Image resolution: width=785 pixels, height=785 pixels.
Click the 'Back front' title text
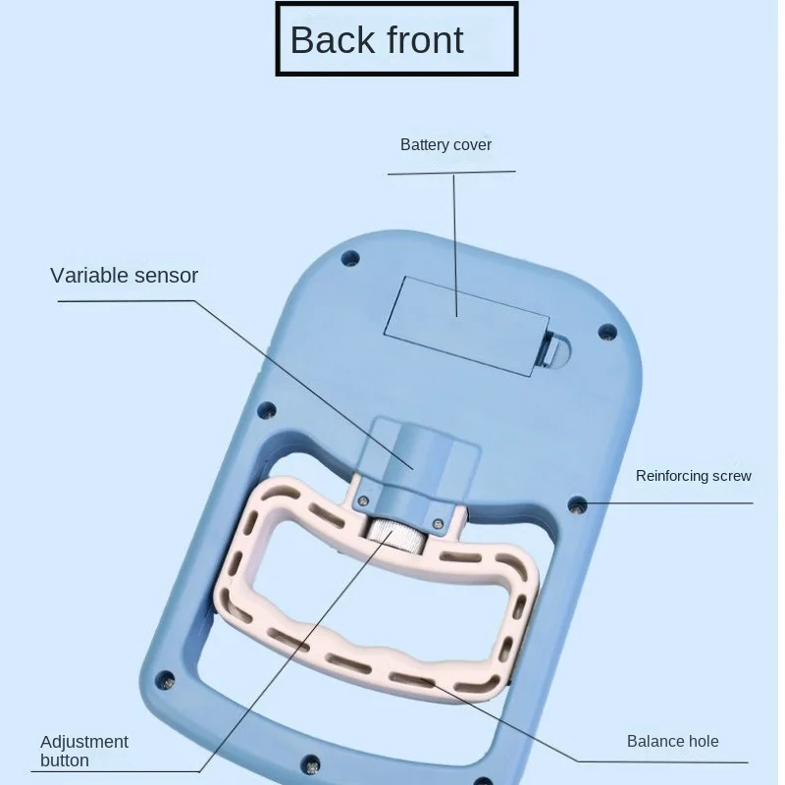click(377, 39)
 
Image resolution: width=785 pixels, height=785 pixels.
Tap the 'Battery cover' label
click(445, 144)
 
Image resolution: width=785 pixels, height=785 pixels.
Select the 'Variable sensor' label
click(125, 276)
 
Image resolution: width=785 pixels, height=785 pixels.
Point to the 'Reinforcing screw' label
click(694, 476)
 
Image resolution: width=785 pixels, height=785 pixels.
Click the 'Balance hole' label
click(672, 741)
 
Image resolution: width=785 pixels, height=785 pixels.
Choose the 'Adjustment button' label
click(84, 751)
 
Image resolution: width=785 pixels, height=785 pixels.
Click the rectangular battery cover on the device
click(467, 326)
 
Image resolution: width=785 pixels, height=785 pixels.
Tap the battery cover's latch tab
click(553, 351)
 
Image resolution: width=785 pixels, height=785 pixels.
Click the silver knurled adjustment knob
click(396, 536)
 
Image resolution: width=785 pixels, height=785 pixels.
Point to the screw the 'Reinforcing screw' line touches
click(578, 505)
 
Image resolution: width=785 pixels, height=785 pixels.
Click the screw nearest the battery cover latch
click(607, 332)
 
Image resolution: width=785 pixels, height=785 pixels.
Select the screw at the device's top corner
click(350, 259)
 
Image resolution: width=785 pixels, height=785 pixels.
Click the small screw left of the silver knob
click(364, 500)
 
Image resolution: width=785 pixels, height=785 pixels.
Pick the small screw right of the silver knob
click(438, 524)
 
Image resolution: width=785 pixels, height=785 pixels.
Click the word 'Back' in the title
click(332, 39)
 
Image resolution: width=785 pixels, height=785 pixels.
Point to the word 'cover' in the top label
click(471, 145)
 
